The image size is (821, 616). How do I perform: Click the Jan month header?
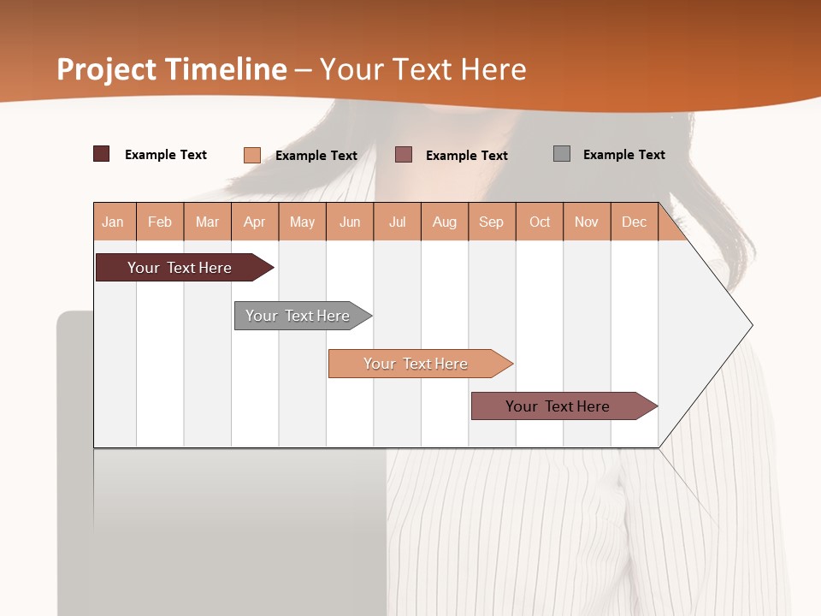pos(113,222)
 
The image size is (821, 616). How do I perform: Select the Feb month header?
pos(160,222)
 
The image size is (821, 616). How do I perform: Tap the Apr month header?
pos(255,222)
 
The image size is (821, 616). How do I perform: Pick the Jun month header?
pos(350,222)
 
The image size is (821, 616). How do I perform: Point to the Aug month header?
pos(445,222)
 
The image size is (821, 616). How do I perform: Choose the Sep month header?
pos(492,222)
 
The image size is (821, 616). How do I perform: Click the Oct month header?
pos(540,222)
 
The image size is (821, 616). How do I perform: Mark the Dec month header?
pos(635,222)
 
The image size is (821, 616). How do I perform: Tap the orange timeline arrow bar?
pos(417,364)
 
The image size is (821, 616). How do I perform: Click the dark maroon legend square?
pos(102,154)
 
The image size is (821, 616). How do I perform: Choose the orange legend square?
pos(252,155)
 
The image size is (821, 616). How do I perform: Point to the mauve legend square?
pos(404,154)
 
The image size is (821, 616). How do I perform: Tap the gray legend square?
pos(562,154)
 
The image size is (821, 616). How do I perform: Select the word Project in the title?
pos(107,69)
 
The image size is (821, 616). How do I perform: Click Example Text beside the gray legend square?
pos(624,155)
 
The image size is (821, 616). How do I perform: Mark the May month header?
pos(302,222)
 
